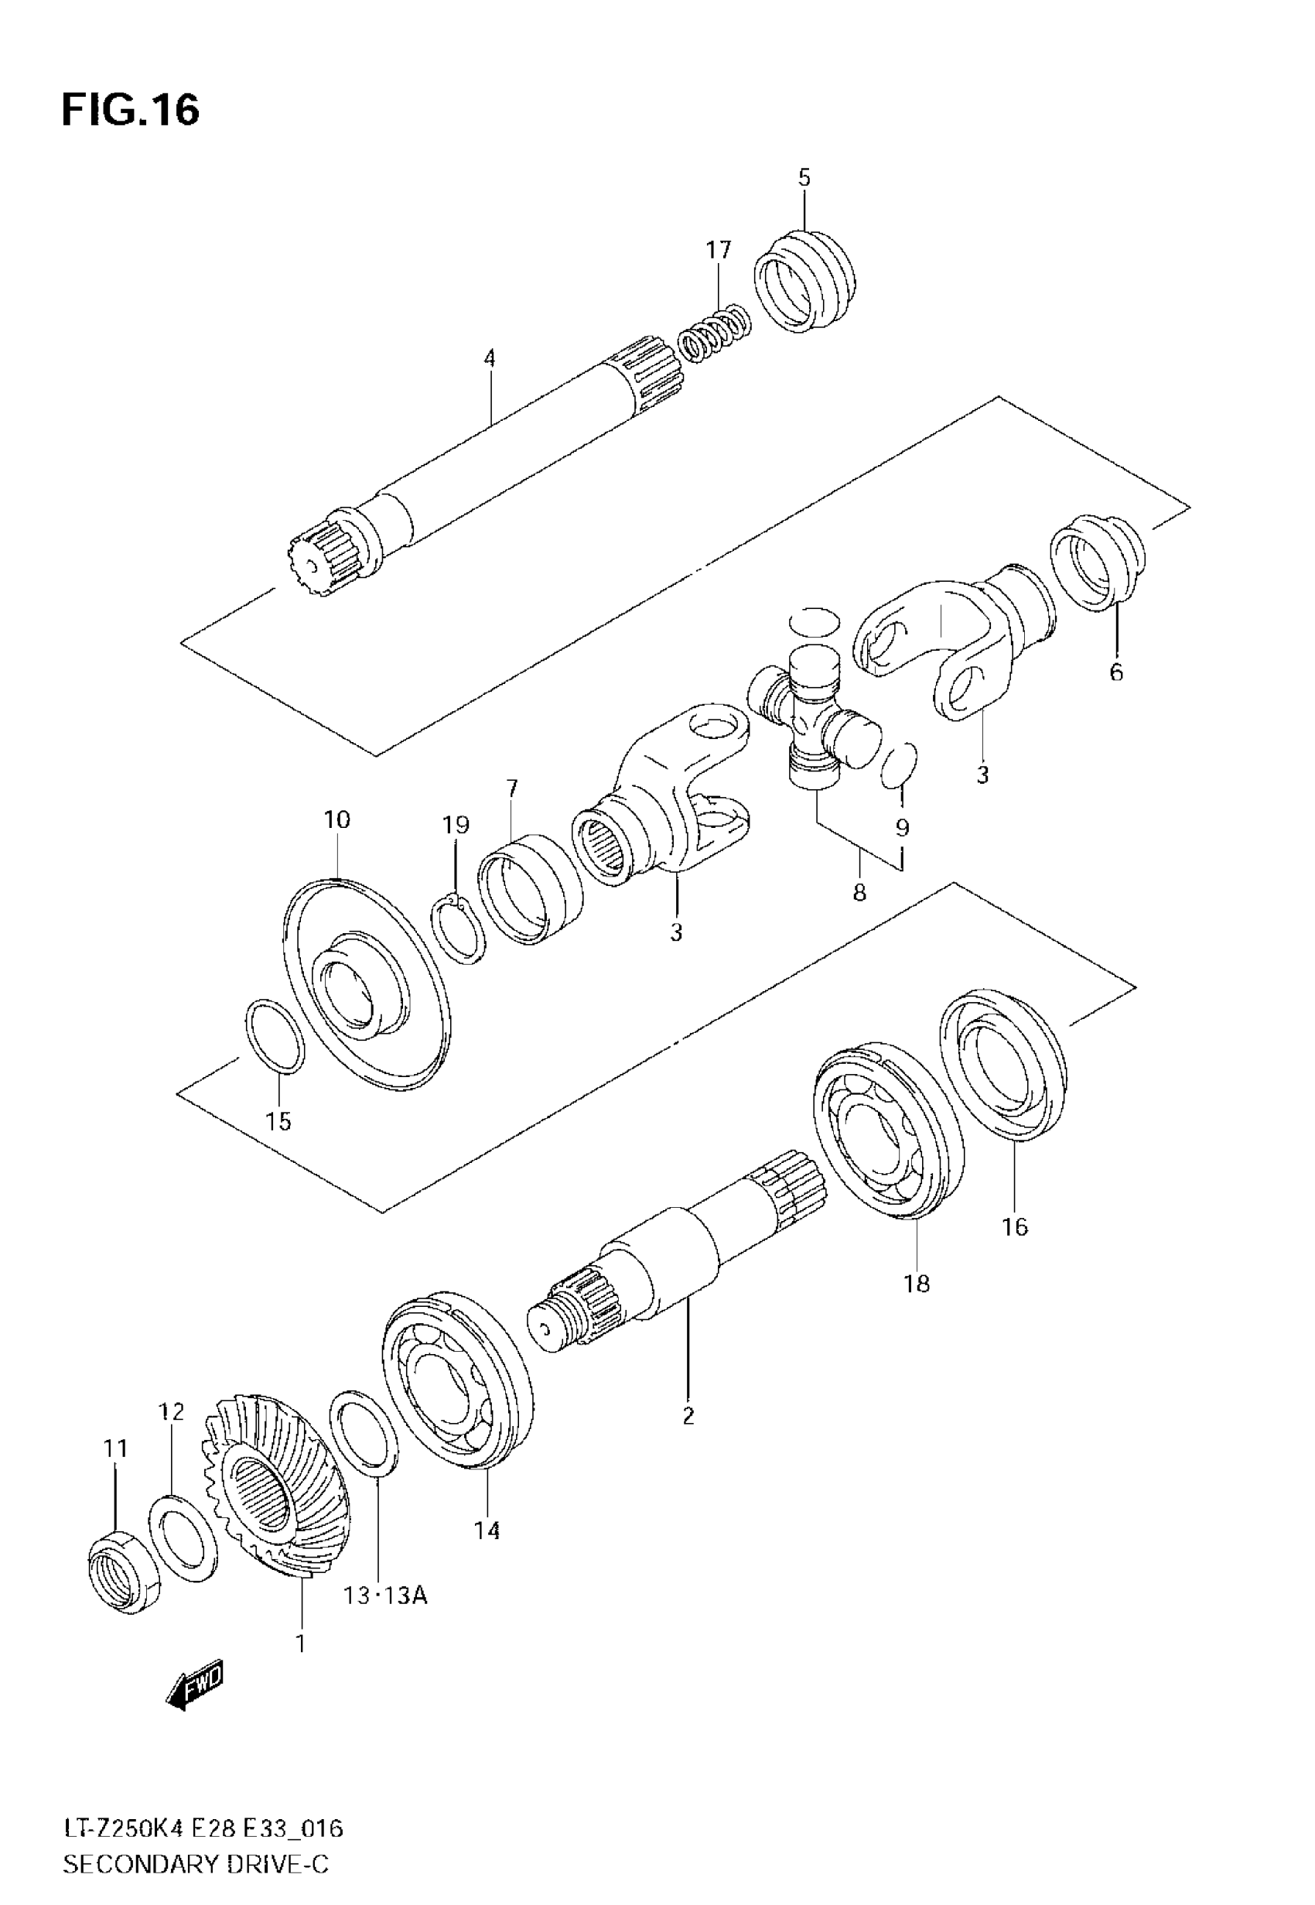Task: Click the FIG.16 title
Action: (130, 110)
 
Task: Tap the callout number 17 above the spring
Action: (718, 250)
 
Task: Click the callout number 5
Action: (804, 178)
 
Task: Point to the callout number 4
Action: (490, 358)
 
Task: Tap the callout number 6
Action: (1115, 672)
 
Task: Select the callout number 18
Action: (916, 1283)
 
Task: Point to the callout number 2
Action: (688, 1415)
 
